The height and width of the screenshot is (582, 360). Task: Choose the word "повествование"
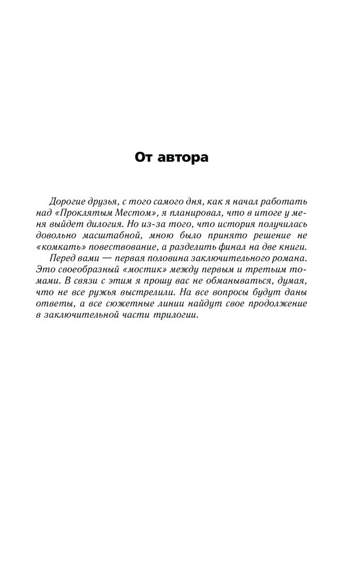click(123, 249)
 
